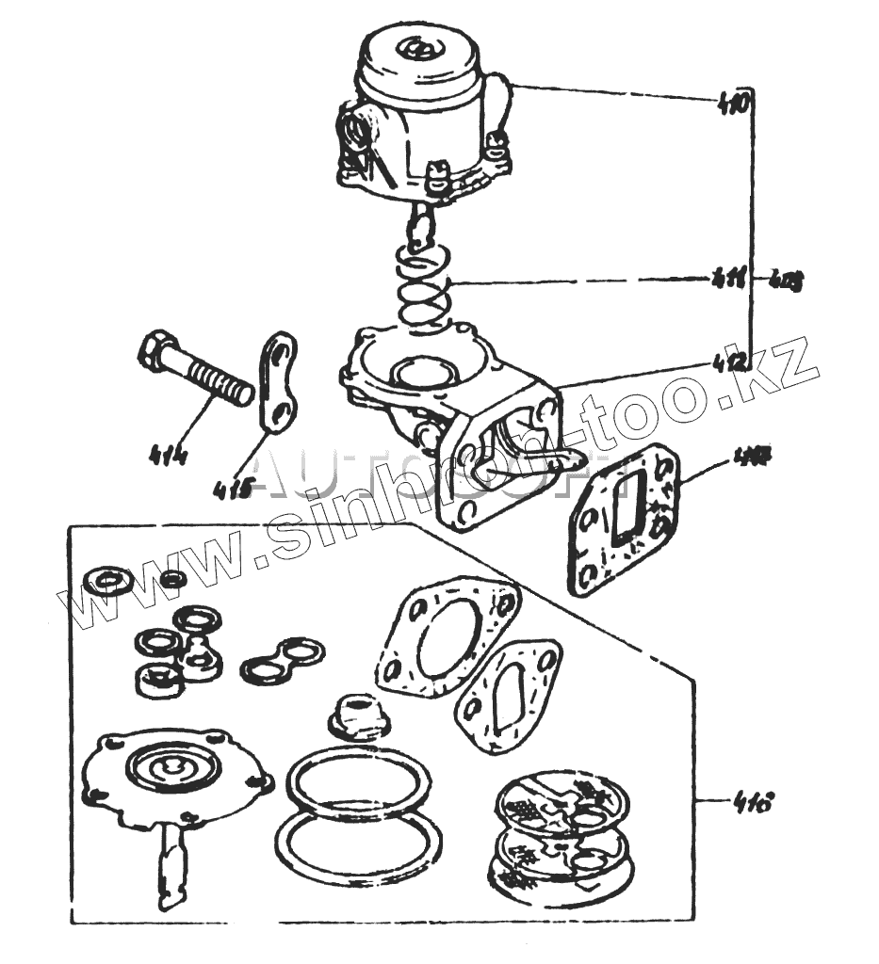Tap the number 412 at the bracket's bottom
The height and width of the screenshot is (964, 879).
pos(732,359)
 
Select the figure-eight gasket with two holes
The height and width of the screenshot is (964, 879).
pos(282,659)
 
